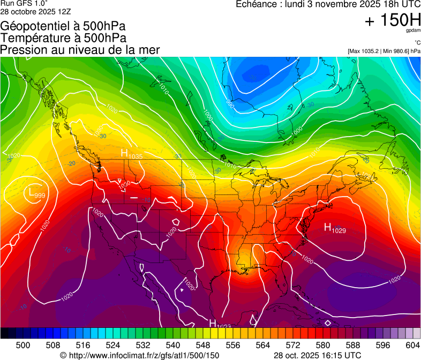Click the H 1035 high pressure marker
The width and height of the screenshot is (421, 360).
131,154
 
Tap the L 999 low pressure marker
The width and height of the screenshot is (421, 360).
36,193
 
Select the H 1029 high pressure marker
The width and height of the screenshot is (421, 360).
335,228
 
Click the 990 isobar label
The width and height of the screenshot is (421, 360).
230,102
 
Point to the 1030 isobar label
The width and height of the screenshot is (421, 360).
124,184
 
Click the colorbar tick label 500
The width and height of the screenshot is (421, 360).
23,344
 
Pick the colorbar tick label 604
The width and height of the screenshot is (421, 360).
412,344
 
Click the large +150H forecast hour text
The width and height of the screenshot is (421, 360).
392,21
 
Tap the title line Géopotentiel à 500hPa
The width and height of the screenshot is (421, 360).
64,26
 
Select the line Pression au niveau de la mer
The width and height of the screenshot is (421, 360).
80,50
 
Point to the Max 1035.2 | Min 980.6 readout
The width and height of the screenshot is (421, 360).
384,51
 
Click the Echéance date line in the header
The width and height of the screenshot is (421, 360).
328,4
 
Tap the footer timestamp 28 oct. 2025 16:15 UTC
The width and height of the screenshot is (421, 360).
317,355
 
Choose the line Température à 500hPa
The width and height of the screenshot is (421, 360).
63,37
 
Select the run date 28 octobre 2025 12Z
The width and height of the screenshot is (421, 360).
36,11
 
